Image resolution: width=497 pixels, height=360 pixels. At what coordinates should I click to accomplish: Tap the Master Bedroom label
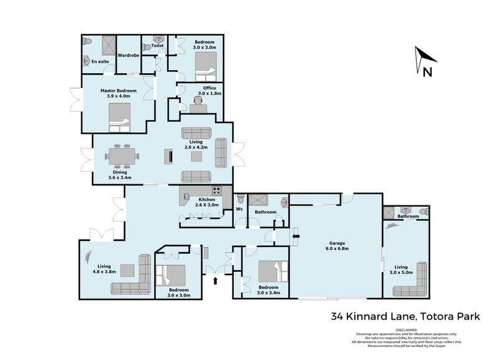[118, 92]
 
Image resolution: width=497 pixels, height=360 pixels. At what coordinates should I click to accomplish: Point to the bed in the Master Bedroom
[120, 117]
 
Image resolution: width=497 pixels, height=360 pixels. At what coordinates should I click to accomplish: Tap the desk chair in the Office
[199, 100]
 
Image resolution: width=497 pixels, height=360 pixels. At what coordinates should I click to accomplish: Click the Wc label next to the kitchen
[239, 209]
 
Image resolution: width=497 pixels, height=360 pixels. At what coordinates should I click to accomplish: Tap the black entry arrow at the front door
[216, 281]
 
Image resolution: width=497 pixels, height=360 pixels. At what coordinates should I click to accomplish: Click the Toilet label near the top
[157, 45]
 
